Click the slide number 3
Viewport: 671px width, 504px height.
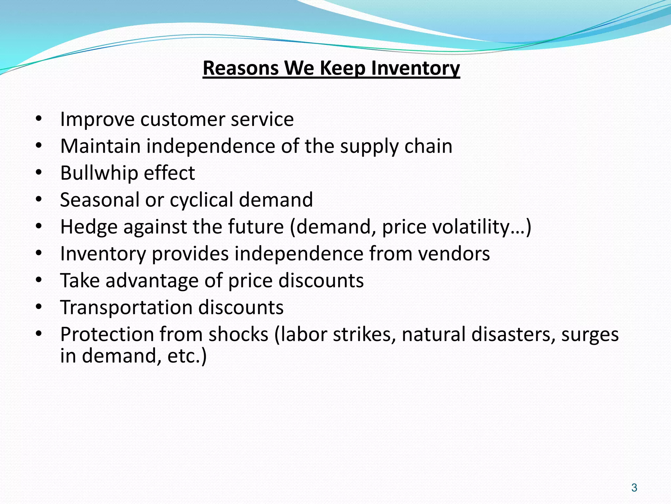[634, 488]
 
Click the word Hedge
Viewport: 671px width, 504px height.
[89, 227]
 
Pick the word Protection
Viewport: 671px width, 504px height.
[107, 334]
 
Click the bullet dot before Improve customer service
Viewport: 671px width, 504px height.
[39, 119]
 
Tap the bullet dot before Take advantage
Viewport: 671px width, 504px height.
[39, 281]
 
